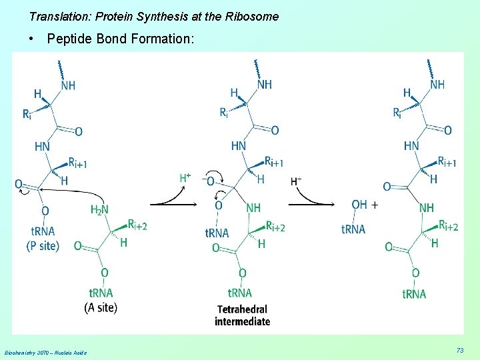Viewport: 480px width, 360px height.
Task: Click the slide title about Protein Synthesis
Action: click(154, 16)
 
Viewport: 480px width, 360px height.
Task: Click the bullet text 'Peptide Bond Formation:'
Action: click(121, 39)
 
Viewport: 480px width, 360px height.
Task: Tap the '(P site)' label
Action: click(43, 246)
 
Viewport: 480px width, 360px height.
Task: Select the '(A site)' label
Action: click(101, 307)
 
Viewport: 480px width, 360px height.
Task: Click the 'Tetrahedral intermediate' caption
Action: click(242, 315)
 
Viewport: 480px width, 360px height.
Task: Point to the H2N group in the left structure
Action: click(99, 210)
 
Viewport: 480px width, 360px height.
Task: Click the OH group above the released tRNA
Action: click(359, 205)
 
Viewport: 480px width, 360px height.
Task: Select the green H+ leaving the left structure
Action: click(185, 178)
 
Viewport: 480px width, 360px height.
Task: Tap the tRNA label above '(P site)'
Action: click(43, 231)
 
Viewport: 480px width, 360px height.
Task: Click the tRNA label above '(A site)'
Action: click(101, 293)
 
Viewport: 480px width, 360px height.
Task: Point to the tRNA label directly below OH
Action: click(353, 229)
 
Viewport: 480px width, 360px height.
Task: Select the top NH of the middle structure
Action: click(264, 85)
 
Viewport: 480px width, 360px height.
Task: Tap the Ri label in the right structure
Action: click(397, 113)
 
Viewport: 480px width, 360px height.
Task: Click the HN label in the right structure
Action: click(411, 145)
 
